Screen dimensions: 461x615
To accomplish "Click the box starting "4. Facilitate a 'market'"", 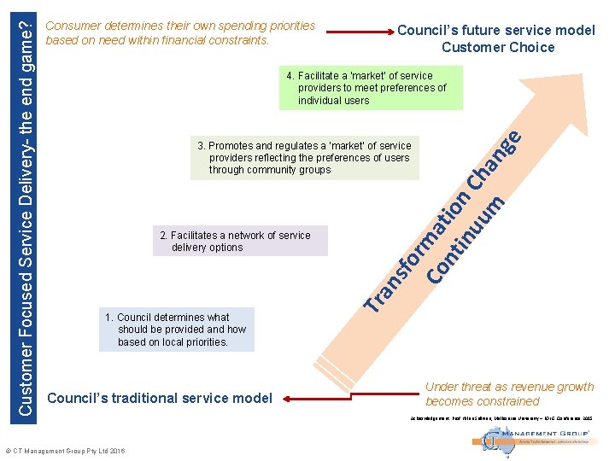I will point(371,88).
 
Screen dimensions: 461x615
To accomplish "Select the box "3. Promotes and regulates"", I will point(305,158).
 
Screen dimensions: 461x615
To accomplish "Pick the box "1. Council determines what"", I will point(176,330).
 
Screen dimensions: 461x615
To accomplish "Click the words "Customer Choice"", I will point(498,48).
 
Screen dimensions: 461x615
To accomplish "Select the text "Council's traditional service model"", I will point(160,398).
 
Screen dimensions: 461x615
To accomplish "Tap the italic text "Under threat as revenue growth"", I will point(509,387).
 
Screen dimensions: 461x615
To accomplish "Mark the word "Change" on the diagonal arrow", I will point(495,159).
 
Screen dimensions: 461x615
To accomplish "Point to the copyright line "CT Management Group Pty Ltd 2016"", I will point(65,451).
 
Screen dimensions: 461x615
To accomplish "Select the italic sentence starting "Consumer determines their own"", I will point(180,33).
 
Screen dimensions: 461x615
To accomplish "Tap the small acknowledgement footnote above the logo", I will point(507,418).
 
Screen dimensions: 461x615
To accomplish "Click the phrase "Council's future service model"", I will point(496,30).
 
